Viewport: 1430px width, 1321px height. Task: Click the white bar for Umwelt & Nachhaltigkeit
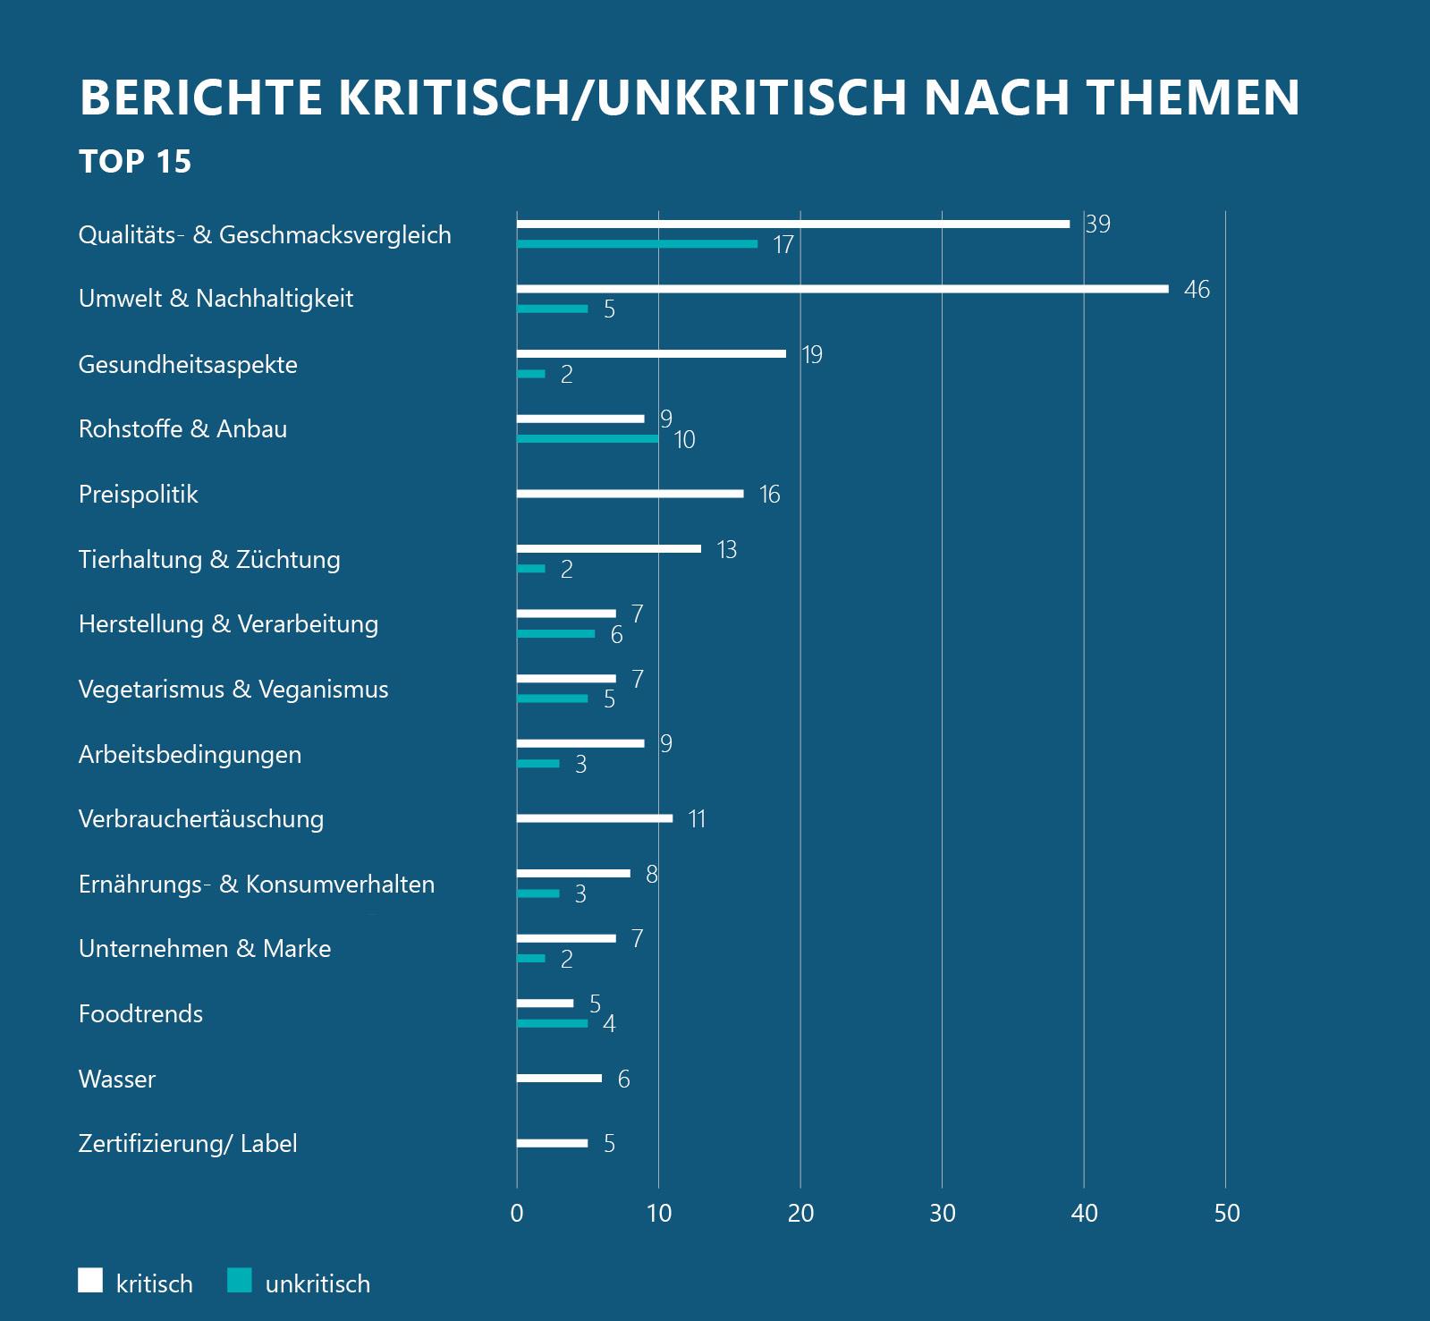click(842, 289)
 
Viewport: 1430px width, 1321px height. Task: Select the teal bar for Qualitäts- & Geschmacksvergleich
click(637, 243)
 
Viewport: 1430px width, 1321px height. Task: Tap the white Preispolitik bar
click(630, 494)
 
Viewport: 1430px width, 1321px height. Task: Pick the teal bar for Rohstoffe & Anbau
click(588, 438)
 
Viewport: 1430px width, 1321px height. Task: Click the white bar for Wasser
click(559, 1079)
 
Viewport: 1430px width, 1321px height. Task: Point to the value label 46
click(1197, 290)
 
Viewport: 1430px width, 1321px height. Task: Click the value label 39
click(1097, 224)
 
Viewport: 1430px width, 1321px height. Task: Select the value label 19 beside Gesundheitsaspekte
click(811, 355)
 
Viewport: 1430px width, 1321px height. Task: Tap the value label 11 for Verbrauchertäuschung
click(697, 819)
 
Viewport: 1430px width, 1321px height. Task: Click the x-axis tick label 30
click(943, 1214)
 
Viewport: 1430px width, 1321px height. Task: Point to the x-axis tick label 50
click(1227, 1214)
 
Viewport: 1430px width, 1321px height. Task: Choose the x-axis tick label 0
click(517, 1214)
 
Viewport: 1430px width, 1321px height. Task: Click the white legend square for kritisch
click(90, 1281)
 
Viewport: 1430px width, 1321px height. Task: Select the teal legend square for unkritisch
click(240, 1281)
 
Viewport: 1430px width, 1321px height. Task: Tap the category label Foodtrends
click(140, 1014)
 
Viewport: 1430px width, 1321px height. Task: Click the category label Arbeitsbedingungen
click(190, 755)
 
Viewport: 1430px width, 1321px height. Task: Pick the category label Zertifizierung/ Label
click(188, 1144)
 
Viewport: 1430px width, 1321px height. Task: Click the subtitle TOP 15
click(135, 162)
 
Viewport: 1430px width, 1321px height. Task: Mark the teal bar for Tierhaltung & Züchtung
click(531, 569)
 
